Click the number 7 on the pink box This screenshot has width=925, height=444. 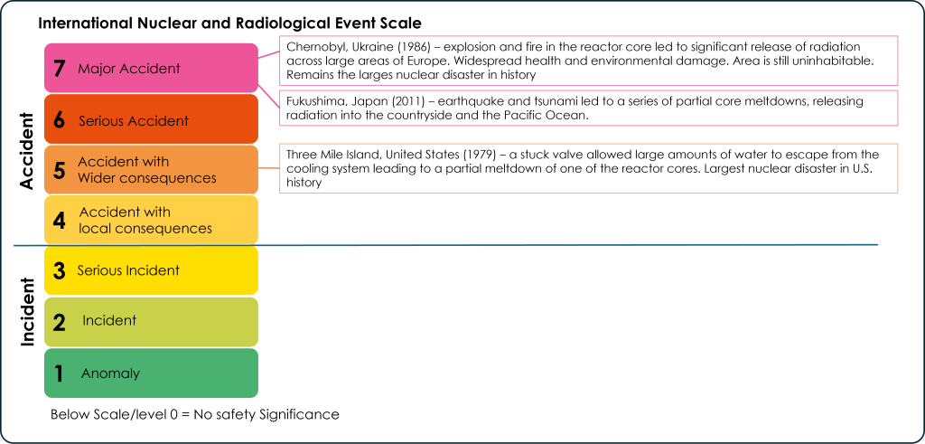pyautogui.click(x=60, y=69)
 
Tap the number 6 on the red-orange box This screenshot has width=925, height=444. pyautogui.click(x=60, y=120)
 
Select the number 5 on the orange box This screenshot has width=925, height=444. pyautogui.click(x=60, y=171)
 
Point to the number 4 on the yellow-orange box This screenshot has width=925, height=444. pyautogui.click(x=60, y=221)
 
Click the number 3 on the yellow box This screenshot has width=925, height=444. pyautogui.click(x=60, y=270)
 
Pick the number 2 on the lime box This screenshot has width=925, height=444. pyautogui.click(x=60, y=321)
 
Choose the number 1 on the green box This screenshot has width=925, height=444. pyautogui.click(x=60, y=373)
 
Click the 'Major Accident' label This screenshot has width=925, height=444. pyautogui.click(x=129, y=69)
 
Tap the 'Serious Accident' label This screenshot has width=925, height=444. pyautogui.click(x=134, y=121)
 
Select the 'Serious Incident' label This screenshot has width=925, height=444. pyautogui.click(x=128, y=270)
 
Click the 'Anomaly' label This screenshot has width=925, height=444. pyautogui.click(x=110, y=373)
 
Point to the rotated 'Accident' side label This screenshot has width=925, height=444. pyautogui.click(x=26, y=151)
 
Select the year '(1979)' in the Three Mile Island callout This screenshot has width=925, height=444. pyautogui.click(x=480, y=155)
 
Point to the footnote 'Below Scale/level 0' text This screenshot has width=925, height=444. pyautogui.click(x=112, y=414)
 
